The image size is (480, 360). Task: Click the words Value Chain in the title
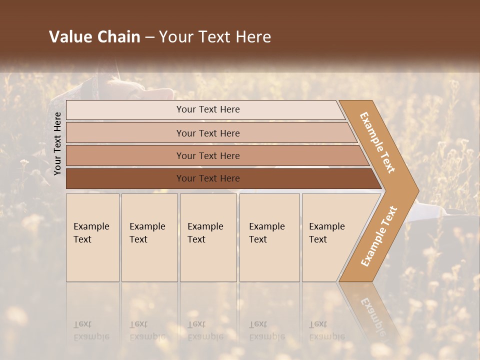click(94, 37)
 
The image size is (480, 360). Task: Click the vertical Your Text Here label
click(57, 143)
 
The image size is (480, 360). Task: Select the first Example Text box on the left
click(92, 237)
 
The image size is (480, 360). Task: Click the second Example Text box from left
click(149, 237)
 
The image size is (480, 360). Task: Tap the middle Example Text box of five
click(208, 237)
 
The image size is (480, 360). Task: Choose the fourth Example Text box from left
click(269, 237)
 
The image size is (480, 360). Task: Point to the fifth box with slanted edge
click(330, 237)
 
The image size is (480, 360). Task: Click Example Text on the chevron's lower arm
click(379, 236)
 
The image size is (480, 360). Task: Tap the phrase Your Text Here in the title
click(215, 37)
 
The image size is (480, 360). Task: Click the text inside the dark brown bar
click(208, 178)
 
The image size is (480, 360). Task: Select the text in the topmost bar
click(208, 109)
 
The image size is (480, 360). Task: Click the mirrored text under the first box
click(91, 330)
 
